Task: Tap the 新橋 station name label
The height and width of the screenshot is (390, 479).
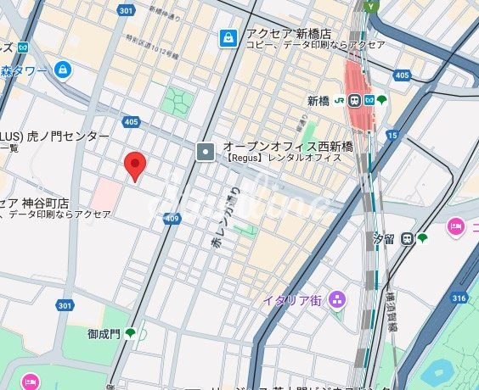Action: (318, 100)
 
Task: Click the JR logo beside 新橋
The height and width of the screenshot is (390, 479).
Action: (338, 100)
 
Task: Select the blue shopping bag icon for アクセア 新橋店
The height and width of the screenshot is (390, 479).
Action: (228, 38)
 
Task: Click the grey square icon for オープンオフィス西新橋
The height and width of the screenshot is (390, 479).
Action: (206, 152)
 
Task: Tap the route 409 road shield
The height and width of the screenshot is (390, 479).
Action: (173, 219)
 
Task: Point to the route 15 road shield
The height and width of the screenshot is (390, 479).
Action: (392, 135)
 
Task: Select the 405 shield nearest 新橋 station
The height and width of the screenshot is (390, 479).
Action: (402, 76)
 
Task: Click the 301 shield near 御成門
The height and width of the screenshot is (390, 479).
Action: (65, 305)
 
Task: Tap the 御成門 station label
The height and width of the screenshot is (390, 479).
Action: (104, 334)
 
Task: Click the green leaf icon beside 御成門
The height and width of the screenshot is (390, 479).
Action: (131, 334)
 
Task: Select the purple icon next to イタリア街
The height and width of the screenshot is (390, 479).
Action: (338, 299)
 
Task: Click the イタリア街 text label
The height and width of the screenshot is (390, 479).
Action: (291, 300)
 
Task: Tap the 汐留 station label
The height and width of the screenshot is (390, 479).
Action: (386, 239)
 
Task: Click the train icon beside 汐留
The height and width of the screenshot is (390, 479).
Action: (408, 239)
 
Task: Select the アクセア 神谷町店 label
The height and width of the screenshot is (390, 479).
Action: (38, 203)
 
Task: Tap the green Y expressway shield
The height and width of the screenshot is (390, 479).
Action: (369, 5)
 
